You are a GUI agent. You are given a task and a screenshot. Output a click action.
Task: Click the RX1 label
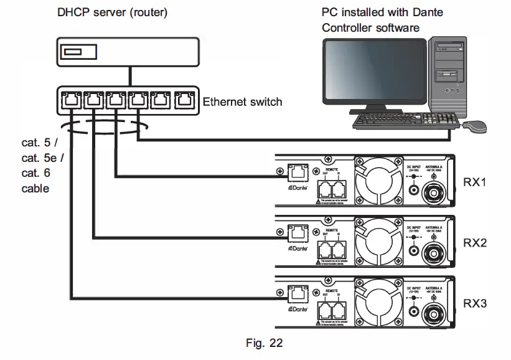point(476,183)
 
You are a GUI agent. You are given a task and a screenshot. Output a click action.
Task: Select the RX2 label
point(476,243)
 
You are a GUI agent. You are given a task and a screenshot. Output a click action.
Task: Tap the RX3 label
point(476,304)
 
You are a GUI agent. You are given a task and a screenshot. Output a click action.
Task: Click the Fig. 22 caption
point(264,341)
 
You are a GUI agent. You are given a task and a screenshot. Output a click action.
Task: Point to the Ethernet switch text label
point(243,102)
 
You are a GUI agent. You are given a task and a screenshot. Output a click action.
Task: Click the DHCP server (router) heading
point(112,12)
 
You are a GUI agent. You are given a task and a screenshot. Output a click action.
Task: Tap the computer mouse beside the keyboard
point(475,126)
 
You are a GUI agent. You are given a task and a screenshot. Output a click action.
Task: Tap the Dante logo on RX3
point(298,309)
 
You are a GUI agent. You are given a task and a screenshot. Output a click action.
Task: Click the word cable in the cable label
point(35,188)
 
